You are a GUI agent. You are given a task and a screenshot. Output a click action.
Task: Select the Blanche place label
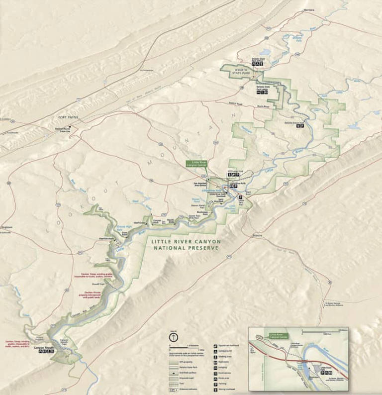[258, 235]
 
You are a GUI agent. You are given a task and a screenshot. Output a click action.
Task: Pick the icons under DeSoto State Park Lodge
[262, 92]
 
